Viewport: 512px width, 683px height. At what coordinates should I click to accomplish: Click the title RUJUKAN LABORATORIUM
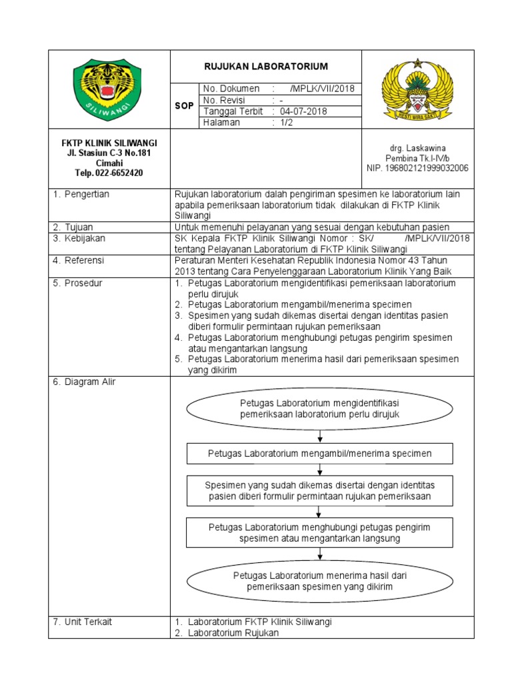(x=267, y=66)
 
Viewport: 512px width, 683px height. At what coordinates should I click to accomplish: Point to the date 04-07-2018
(x=303, y=111)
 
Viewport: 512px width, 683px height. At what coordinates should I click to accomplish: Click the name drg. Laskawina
(x=418, y=147)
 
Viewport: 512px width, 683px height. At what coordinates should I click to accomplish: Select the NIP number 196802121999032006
(x=418, y=168)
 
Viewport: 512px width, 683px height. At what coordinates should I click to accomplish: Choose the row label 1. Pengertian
(x=81, y=194)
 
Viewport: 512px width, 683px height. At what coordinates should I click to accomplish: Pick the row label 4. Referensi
(x=79, y=260)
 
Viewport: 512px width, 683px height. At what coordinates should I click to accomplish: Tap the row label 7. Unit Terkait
(x=83, y=622)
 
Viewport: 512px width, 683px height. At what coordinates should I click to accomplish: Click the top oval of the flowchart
(x=320, y=409)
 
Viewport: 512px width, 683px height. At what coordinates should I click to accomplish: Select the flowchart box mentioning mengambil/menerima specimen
(x=320, y=454)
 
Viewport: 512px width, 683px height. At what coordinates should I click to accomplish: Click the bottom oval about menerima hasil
(x=320, y=581)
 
